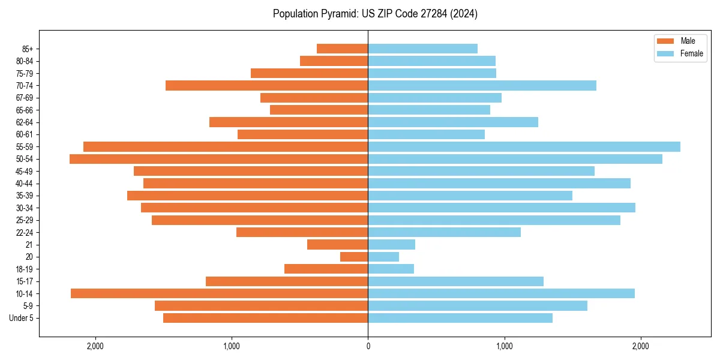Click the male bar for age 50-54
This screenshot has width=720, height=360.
(x=218, y=159)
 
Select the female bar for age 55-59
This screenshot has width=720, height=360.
(x=524, y=146)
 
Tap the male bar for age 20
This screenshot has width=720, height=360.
(x=354, y=257)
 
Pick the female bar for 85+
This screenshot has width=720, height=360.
(x=422, y=49)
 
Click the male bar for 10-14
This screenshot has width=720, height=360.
(x=219, y=293)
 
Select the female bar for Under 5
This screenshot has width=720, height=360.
(x=460, y=318)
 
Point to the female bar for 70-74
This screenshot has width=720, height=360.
(x=482, y=85)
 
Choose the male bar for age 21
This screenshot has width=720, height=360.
(x=337, y=245)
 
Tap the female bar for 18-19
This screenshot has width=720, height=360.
(x=391, y=269)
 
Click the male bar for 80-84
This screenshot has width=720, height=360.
(x=334, y=61)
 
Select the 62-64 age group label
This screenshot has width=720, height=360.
(x=24, y=122)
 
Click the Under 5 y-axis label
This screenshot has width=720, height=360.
(x=21, y=318)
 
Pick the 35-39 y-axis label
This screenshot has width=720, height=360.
(x=24, y=196)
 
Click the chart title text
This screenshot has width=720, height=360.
(x=375, y=13)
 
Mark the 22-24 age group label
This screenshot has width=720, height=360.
(x=24, y=232)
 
